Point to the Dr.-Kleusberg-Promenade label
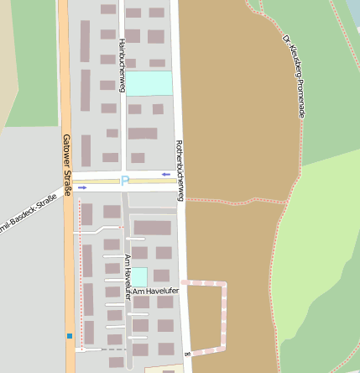tap(292, 75)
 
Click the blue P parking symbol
tap(124, 181)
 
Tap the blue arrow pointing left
tap(166, 175)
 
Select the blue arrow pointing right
tap(82, 187)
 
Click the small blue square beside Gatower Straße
tap(69, 336)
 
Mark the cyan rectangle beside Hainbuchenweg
tap(149, 83)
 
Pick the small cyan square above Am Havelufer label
tap(139, 276)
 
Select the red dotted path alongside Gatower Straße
tap(79, 269)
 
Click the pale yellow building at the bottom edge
tap(164, 368)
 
